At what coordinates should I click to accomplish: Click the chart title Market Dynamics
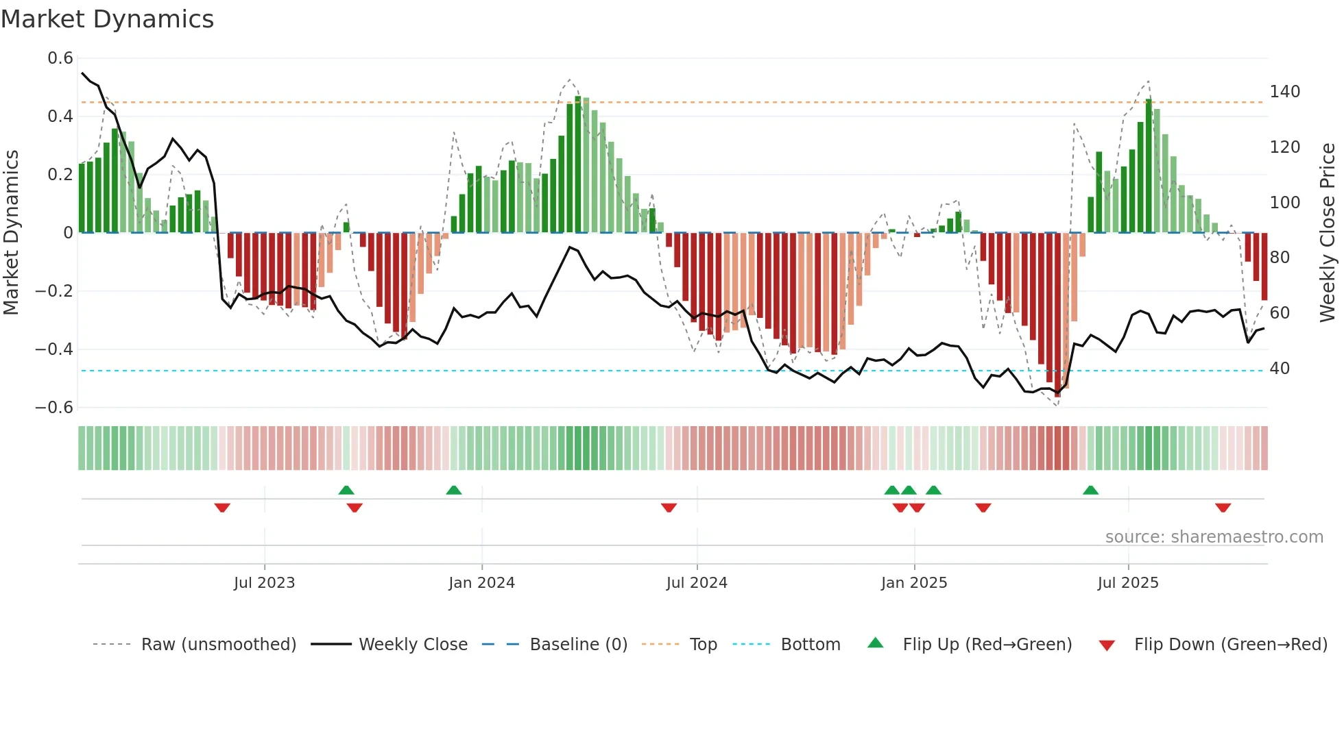pyautogui.click(x=107, y=19)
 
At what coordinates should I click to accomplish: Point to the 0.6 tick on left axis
pyautogui.click(x=60, y=58)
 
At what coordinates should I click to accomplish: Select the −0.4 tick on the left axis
pyautogui.click(x=54, y=349)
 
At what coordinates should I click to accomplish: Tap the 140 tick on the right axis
pyautogui.click(x=1284, y=92)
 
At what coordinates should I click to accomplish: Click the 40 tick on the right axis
pyautogui.click(x=1280, y=369)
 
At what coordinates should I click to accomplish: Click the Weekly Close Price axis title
pyautogui.click(x=1328, y=233)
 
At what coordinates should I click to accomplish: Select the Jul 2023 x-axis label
pyautogui.click(x=264, y=583)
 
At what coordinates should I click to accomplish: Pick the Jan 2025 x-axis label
pyautogui.click(x=913, y=583)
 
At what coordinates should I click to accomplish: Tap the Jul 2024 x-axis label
pyautogui.click(x=696, y=583)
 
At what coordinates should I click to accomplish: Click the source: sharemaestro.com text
pyautogui.click(x=1214, y=537)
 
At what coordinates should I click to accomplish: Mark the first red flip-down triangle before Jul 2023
pyautogui.click(x=222, y=508)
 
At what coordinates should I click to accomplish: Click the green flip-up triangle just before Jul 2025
pyautogui.click(x=1090, y=490)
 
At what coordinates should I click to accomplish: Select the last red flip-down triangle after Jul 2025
pyautogui.click(x=1223, y=508)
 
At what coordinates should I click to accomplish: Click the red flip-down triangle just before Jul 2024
pyautogui.click(x=669, y=508)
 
